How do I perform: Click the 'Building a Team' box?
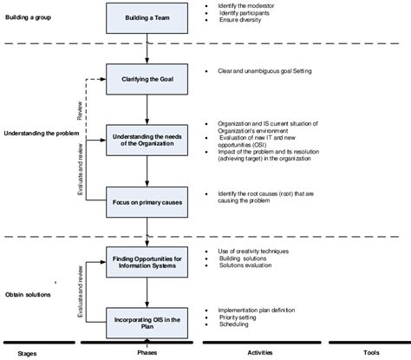147,18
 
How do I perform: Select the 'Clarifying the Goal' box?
147,78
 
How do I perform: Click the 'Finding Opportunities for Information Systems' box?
147,261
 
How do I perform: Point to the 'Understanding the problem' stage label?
43,134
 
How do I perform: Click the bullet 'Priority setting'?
238,317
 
